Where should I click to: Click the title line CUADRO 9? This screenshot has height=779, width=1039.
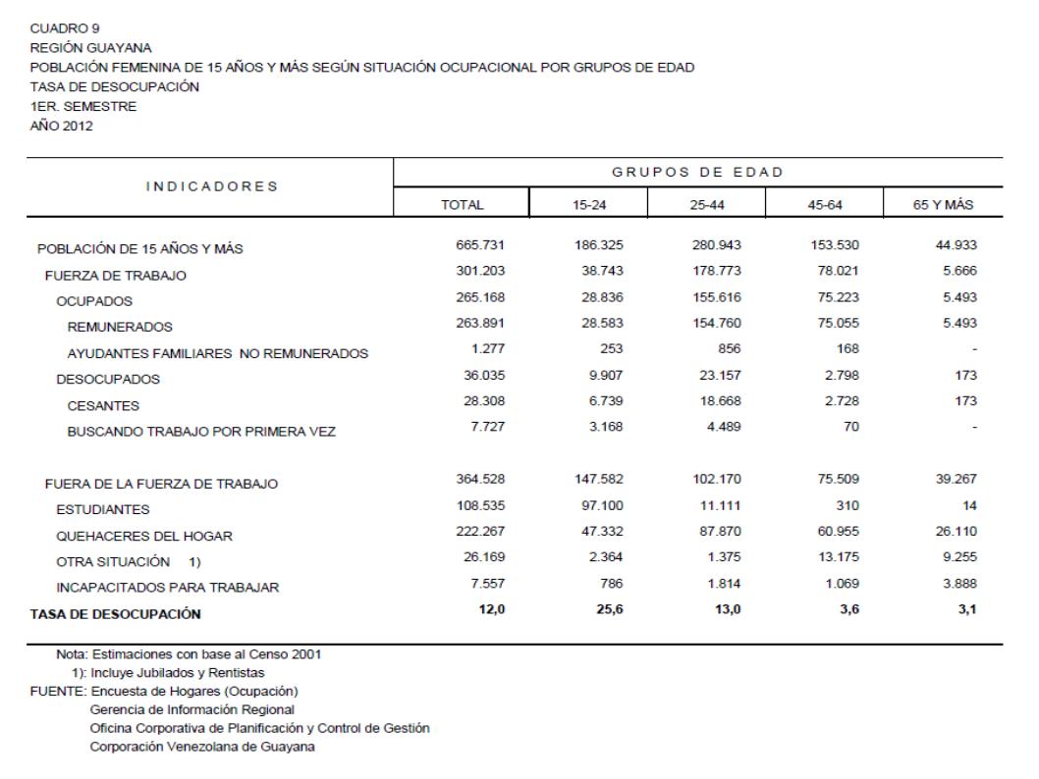58,27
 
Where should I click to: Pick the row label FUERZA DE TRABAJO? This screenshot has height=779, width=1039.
116,276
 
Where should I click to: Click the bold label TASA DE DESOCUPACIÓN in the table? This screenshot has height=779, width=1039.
115,614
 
